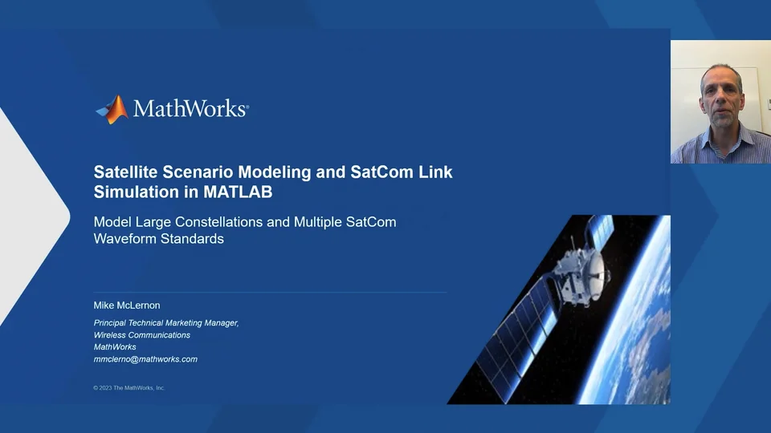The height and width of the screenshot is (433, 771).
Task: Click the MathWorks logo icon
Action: point(112,109)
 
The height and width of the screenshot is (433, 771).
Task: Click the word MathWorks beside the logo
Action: point(190,109)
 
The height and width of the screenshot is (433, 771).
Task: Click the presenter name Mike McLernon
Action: point(128,306)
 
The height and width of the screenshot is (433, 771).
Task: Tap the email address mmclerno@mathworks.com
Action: point(145,359)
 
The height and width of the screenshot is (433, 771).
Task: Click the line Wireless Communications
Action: point(142,335)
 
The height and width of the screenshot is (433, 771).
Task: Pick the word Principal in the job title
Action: point(114,323)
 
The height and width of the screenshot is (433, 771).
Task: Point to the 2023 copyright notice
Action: point(129,388)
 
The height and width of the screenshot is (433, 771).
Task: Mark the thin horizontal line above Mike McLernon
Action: point(270,293)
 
